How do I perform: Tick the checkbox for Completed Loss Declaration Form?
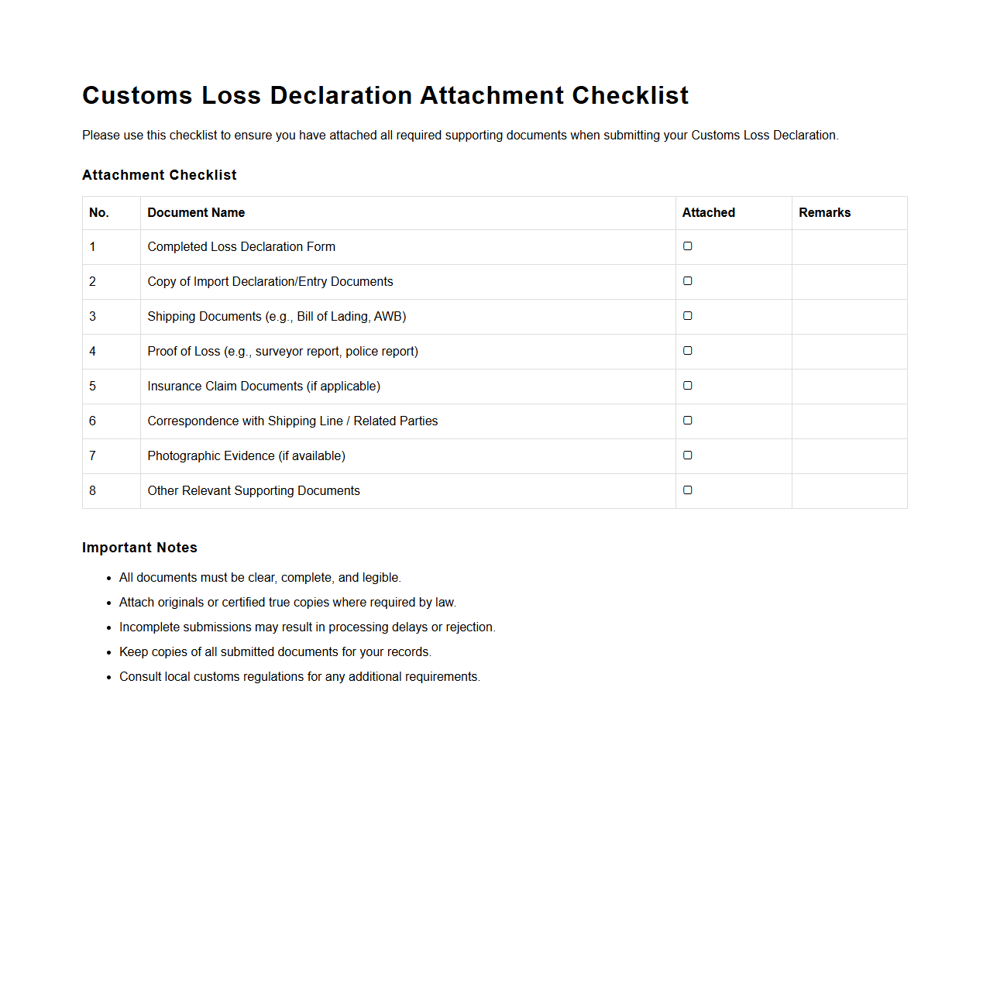(687, 246)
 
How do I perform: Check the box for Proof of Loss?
(687, 351)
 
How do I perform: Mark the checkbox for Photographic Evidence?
(687, 455)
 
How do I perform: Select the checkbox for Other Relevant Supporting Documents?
(687, 490)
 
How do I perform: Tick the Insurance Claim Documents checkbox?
(687, 386)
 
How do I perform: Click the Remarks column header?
(824, 213)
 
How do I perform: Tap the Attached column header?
(708, 213)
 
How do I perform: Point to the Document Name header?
(196, 213)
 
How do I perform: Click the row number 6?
(93, 421)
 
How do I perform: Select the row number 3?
(93, 317)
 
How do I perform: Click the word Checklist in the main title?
(630, 95)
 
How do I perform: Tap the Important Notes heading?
(139, 548)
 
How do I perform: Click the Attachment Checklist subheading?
(159, 175)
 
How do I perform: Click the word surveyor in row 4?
(279, 352)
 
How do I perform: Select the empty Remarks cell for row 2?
(849, 282)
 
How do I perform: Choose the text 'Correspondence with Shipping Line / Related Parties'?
(292, 421)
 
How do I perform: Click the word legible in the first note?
(380, 578)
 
